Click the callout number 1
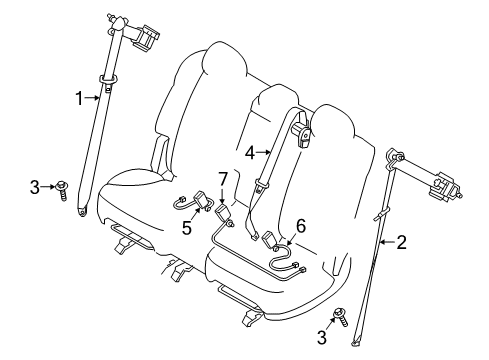coord(79,98)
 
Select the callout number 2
coord(401,242)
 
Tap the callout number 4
coord(250,153)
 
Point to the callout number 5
coord(187,228)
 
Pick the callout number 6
coord(301,226)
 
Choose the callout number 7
coord(223,179)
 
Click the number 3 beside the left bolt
coord(35,187)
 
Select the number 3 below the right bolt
coord(322,337)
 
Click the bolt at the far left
coord(62,190)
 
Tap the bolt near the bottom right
coord(341,317)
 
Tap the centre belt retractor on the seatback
coord(303,132)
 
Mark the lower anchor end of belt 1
coord(82,211)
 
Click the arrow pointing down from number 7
coord(222,197)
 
